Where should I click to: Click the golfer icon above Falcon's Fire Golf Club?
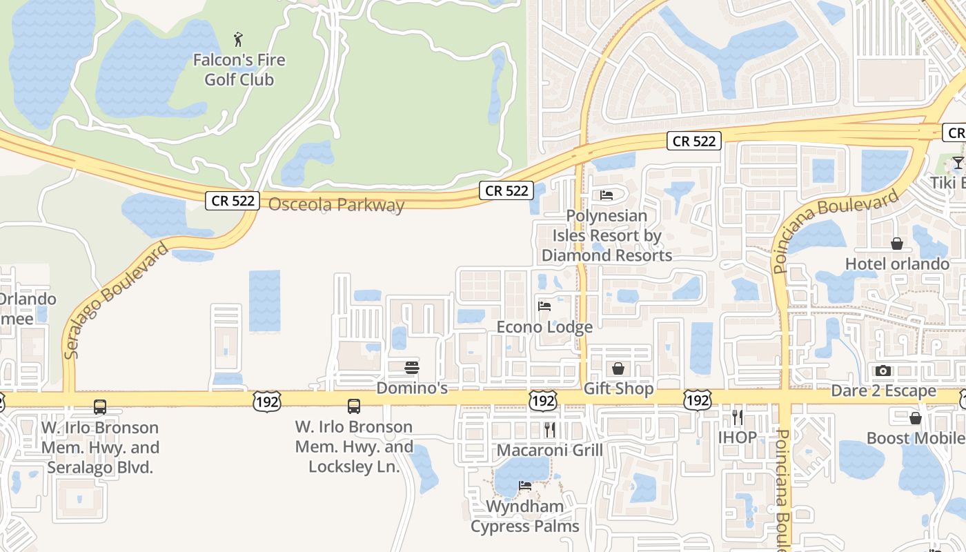click(239, 39)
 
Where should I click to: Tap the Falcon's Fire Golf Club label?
click(239, 70)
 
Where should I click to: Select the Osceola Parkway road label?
click(336, 205)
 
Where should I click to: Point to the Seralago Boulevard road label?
click(117, 301)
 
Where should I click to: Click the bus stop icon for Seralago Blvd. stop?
click(100, 407)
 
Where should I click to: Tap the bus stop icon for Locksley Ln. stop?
click(354, 406)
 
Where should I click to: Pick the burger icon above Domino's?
click(412, 367)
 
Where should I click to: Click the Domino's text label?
click(412, 388)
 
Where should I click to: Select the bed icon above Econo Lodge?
click(544, 306)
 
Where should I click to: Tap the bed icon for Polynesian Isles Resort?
click(607, 195)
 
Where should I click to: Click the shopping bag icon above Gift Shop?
click(618, 368)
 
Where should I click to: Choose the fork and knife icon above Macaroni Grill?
click(550, 430)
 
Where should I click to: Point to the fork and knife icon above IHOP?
click(738, 417)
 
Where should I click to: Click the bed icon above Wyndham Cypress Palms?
click(525, 486)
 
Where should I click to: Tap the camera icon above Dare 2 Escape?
click(883, 371)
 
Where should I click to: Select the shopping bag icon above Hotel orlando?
click(897, 244)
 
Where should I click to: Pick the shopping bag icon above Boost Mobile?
click(916, 418)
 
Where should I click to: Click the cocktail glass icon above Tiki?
click(958, 163)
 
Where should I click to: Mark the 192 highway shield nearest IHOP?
click(698, 400)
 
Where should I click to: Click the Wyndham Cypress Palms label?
click(525, 517)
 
